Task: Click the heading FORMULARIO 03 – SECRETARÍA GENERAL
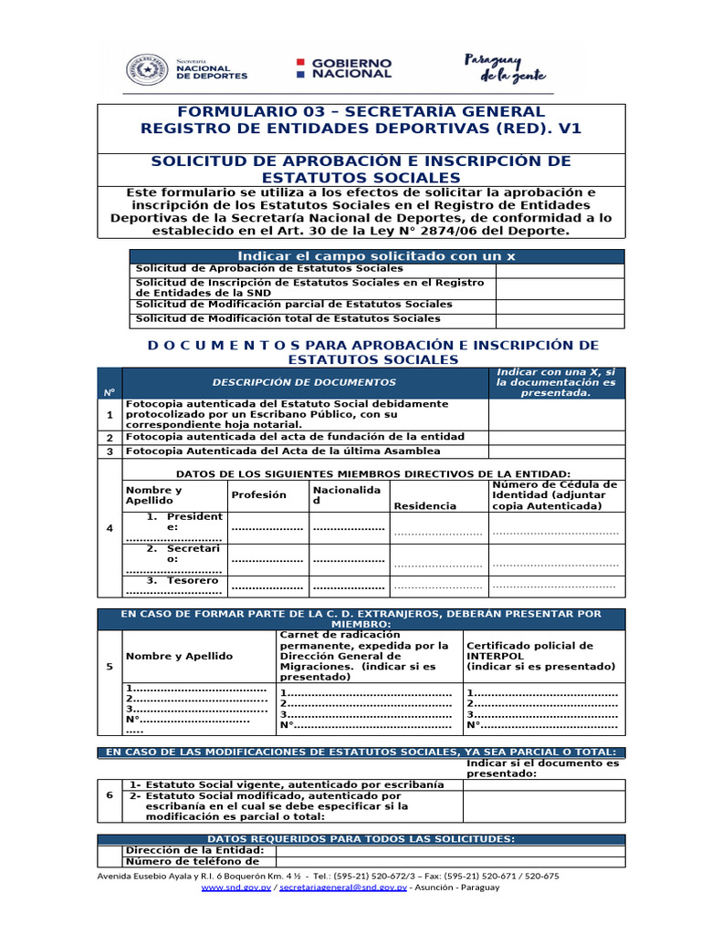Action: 361,111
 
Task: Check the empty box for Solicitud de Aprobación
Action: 560,271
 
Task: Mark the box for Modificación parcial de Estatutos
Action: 560,306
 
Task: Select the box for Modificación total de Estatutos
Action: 560,320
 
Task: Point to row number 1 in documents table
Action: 110,415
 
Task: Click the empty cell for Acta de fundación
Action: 557,438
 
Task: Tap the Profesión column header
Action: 258,495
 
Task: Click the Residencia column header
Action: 424,506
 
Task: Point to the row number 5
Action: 110,667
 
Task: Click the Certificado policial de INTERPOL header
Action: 529,657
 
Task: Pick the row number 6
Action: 110,795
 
